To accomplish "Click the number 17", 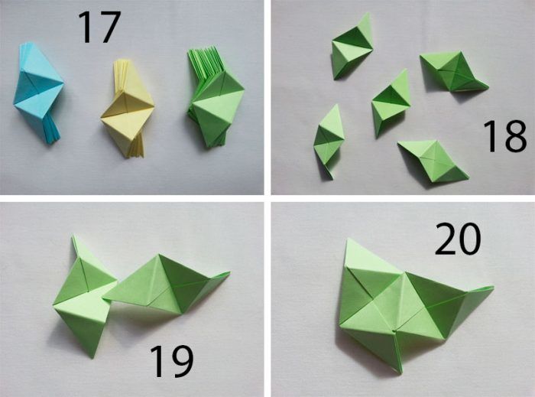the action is [99, 28].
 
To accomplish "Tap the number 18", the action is [504, 136].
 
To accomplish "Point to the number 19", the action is [172, 361].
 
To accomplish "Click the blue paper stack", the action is [38, 92].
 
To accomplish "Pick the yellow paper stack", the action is [128, 109].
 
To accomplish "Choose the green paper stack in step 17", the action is [216, 97].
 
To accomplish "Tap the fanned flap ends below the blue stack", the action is [52, 130].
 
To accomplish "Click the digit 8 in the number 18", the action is [515, 136].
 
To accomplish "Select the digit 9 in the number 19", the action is [182, 361].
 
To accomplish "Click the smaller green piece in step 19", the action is [86, 297].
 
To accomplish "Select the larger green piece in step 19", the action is [167, 285].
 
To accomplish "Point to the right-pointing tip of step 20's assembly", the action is [494, 287].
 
